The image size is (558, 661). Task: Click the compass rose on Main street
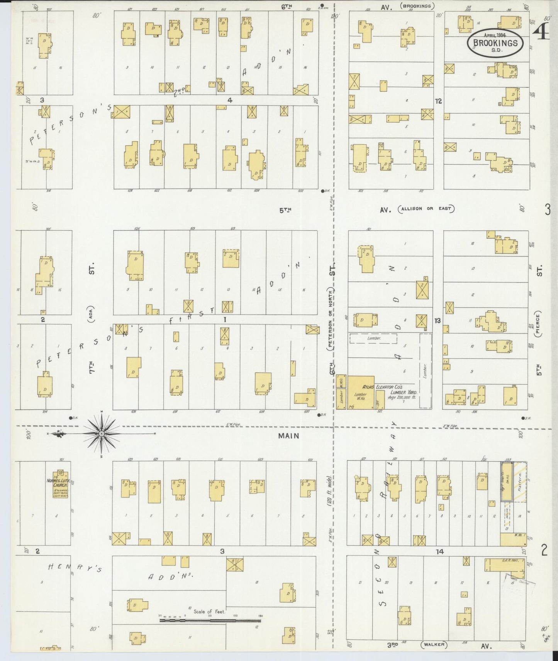coord(101,434)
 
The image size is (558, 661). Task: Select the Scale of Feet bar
coord(210,621)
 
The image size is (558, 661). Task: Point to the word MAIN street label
coord(289,436)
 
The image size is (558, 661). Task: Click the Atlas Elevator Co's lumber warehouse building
coord(361,392)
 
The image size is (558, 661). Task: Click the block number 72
coord(438,101)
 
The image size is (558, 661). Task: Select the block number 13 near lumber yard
coord(437,320)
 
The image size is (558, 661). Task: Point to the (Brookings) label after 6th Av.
coord(417,6)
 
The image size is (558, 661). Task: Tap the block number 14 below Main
coord(439,552)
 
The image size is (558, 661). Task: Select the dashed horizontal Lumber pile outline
coord(373,338)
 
